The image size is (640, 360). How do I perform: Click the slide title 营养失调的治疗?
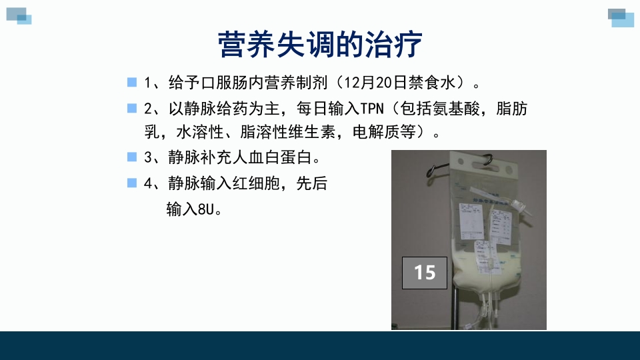[320, 45]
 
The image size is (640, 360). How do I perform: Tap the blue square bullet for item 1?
[131, 82]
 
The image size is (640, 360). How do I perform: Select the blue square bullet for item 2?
[131, 107]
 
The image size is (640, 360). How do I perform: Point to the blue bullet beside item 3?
[131, 157]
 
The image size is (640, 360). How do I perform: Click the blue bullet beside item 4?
[131, 182]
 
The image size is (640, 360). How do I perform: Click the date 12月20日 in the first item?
[381, 83]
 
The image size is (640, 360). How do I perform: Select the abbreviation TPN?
[373, 108]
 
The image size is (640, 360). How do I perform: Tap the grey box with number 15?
[425, 272]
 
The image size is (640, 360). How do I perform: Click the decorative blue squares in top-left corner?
[19, 15]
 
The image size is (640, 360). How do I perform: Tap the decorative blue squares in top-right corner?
[621, 17]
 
